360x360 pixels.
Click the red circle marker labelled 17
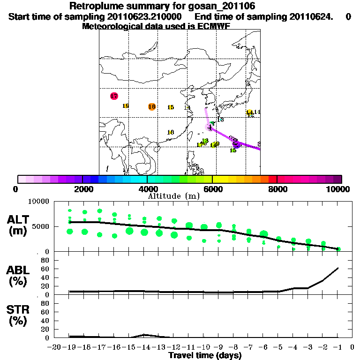tap(113, 96)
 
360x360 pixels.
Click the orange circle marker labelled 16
tap(151, 106)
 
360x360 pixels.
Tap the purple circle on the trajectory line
tap(237, 145)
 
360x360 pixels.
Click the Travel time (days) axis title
tap(205, 356)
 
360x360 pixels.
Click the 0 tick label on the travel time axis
tap(352, 347)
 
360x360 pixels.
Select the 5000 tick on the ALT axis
tap(42, 226)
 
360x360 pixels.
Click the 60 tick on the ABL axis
tap(46, 269)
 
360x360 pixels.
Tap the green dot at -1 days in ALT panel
tap(338, 249)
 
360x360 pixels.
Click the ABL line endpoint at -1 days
tap(338, 268)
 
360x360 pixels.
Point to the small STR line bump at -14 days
tap(145, 335)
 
